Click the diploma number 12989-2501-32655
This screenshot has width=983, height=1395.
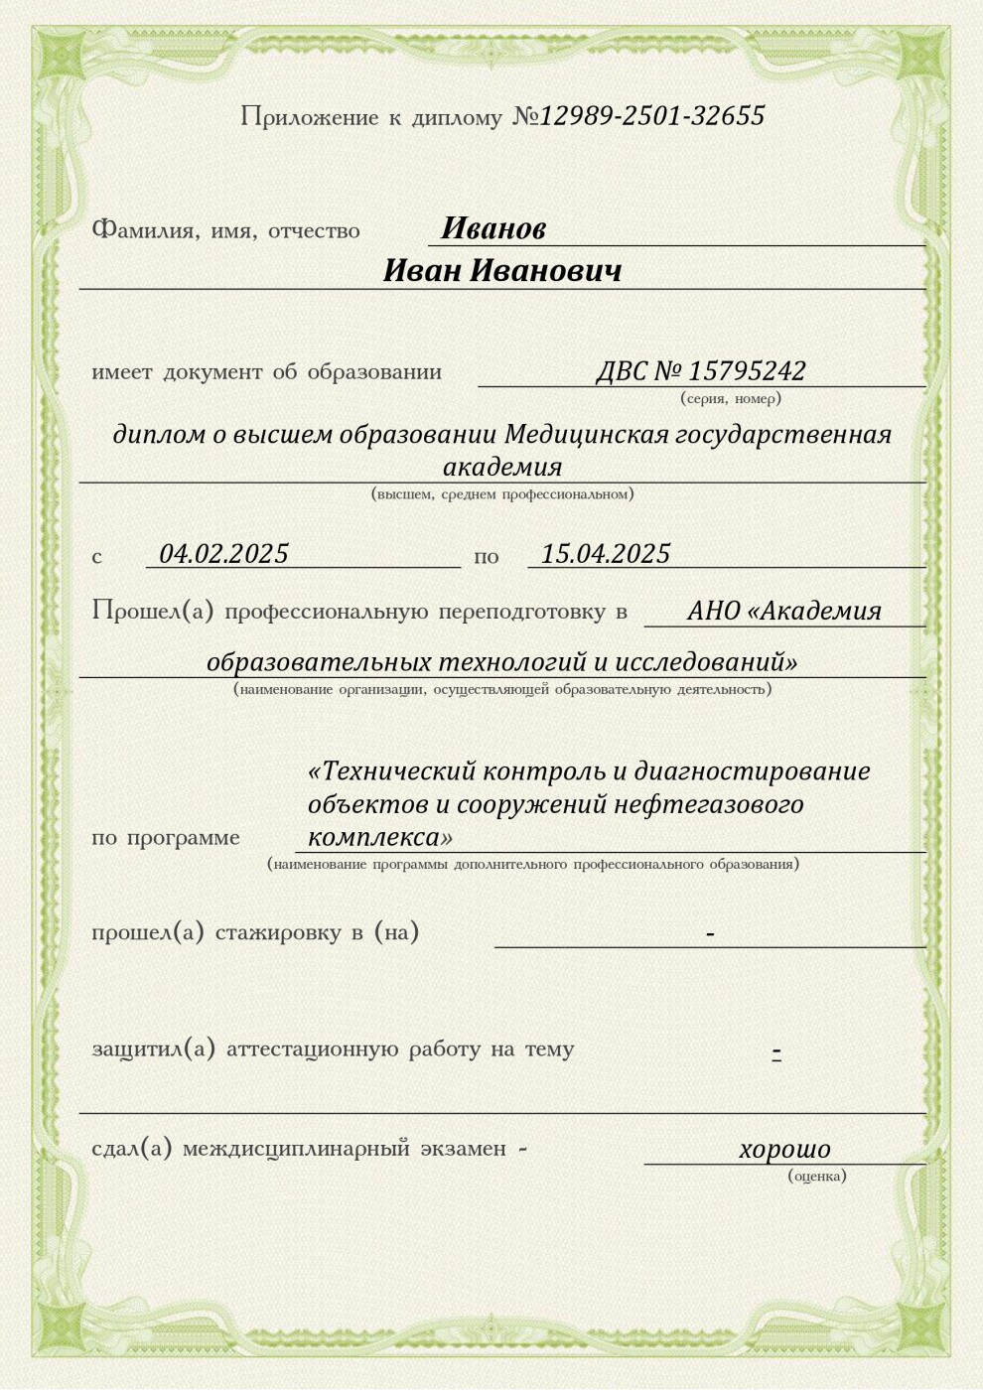click(652, 116)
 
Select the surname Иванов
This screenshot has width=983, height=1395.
click(493, 229)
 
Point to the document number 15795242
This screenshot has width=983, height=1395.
click(747, 371)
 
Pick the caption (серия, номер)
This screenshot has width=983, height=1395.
click(731, 398)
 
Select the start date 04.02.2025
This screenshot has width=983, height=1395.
click(224, 554)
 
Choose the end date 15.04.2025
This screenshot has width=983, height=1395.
click(606, 554)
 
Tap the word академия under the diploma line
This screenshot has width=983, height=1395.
click(502, 467)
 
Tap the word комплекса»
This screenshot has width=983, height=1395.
click(380, 837)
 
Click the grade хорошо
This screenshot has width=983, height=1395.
click(784, 1150)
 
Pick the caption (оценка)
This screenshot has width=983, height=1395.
click(817, 1177)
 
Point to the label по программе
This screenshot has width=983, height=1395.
click(166, 838)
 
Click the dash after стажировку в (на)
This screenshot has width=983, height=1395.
click(710, 934)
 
